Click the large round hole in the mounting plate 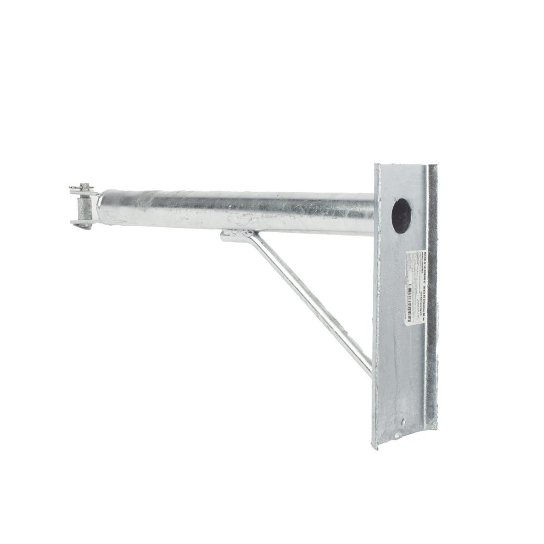401,215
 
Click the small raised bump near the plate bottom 402,423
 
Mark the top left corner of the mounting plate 374,163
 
